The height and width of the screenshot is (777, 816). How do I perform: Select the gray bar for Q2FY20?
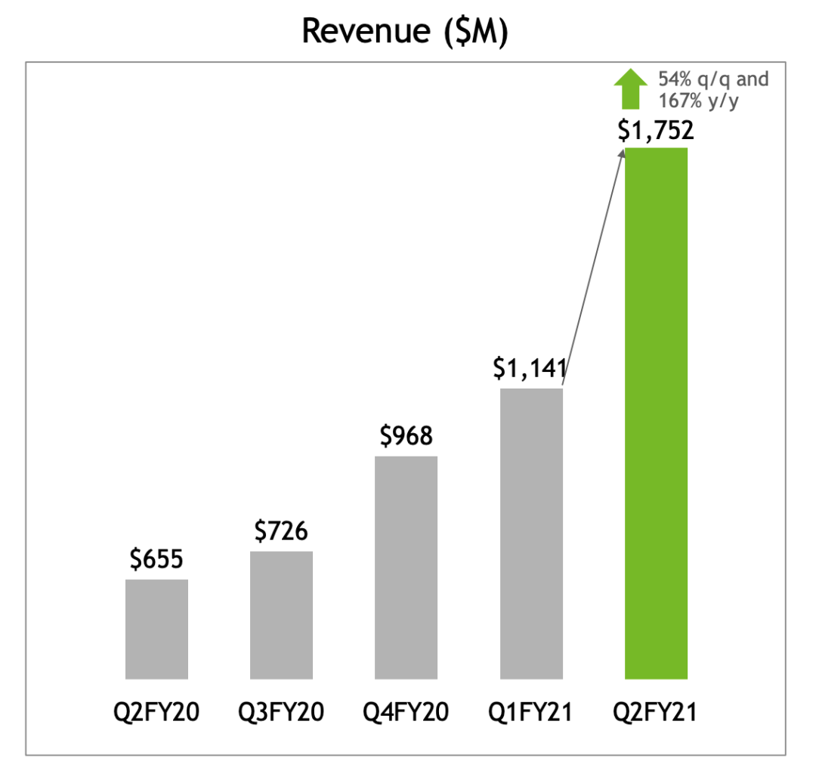[156, 629]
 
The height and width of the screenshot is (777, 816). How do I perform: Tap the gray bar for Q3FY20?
[281, 614]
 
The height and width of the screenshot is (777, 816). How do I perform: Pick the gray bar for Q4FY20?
[406, 567]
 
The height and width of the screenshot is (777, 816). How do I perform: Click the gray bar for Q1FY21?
[531, 533]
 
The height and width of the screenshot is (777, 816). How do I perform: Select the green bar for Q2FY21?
[656, 413]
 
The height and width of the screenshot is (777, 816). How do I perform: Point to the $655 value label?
[156, 560]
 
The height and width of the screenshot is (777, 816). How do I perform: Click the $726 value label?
[281, 532]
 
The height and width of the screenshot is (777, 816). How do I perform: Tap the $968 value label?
[406, 437]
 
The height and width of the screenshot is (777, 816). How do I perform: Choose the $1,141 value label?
[530, 369]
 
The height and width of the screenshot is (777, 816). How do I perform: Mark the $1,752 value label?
[655, 131]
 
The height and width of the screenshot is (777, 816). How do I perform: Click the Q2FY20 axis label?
[156, 712]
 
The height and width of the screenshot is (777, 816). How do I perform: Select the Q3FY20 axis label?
[281, 712]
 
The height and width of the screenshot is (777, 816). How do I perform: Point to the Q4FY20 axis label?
[406, 712]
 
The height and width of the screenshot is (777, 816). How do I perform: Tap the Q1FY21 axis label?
[531, 712]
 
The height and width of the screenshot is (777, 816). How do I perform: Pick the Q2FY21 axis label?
[656, 712]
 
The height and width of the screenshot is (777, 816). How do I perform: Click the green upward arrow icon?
[629, 88]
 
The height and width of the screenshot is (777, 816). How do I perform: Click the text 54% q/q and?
[712, 80]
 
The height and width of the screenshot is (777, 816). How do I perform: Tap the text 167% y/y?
[697, 101]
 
